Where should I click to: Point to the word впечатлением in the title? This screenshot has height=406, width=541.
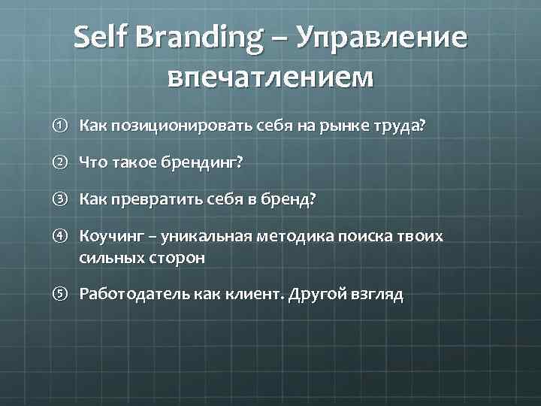(x=270, y=77)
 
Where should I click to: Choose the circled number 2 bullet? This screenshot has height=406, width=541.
(x=64, y=162)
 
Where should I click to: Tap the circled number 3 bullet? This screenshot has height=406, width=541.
(x=64, y=199)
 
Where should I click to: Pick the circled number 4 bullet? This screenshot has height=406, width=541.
(x=64, y=237)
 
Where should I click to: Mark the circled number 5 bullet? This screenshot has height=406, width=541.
(x=64, y=294)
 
